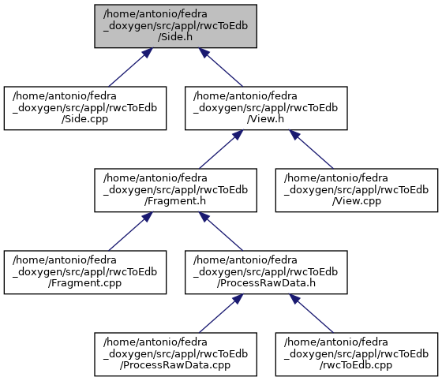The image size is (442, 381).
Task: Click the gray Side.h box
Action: [x=175, y=26]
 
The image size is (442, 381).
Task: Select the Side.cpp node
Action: [x=85, y=108]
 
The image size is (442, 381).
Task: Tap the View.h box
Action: [x=266, y=108]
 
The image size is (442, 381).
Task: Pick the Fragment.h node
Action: [x=175, y=190]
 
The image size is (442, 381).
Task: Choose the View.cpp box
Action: [x=357, y=190]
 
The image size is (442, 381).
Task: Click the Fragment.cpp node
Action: [x=85, y=272]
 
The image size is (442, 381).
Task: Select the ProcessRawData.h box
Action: [x=266, y=272]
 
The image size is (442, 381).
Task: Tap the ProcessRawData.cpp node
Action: [x=175, y=354]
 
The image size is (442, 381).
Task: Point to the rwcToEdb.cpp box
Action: [x=357, y=354]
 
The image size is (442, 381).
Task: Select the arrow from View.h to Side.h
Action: [x=220, y=67]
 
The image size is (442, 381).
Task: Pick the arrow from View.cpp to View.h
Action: [x=311, y=149]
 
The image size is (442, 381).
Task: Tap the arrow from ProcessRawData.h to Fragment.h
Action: [x=220, y=231]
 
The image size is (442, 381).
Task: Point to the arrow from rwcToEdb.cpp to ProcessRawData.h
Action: [x=311, y=313]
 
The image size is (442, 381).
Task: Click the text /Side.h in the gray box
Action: [x=175, y=37]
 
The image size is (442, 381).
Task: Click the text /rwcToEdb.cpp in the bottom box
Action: [x=356, y=365]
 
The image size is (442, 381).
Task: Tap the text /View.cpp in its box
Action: [x=357, y=201]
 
